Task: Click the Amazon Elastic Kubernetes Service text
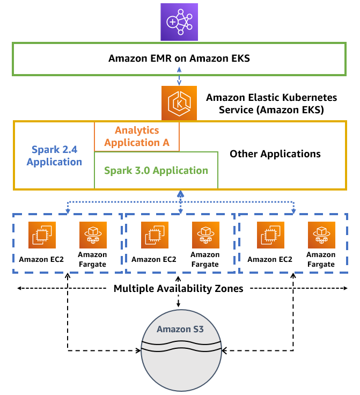point(271,104)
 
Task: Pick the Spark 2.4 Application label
point(54,156)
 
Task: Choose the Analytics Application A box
point(137,136)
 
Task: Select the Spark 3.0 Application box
point(156,171)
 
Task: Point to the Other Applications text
point(275,154)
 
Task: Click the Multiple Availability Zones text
point(179,289)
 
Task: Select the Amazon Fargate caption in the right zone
point(321,260)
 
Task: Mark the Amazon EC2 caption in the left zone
point(41,259)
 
